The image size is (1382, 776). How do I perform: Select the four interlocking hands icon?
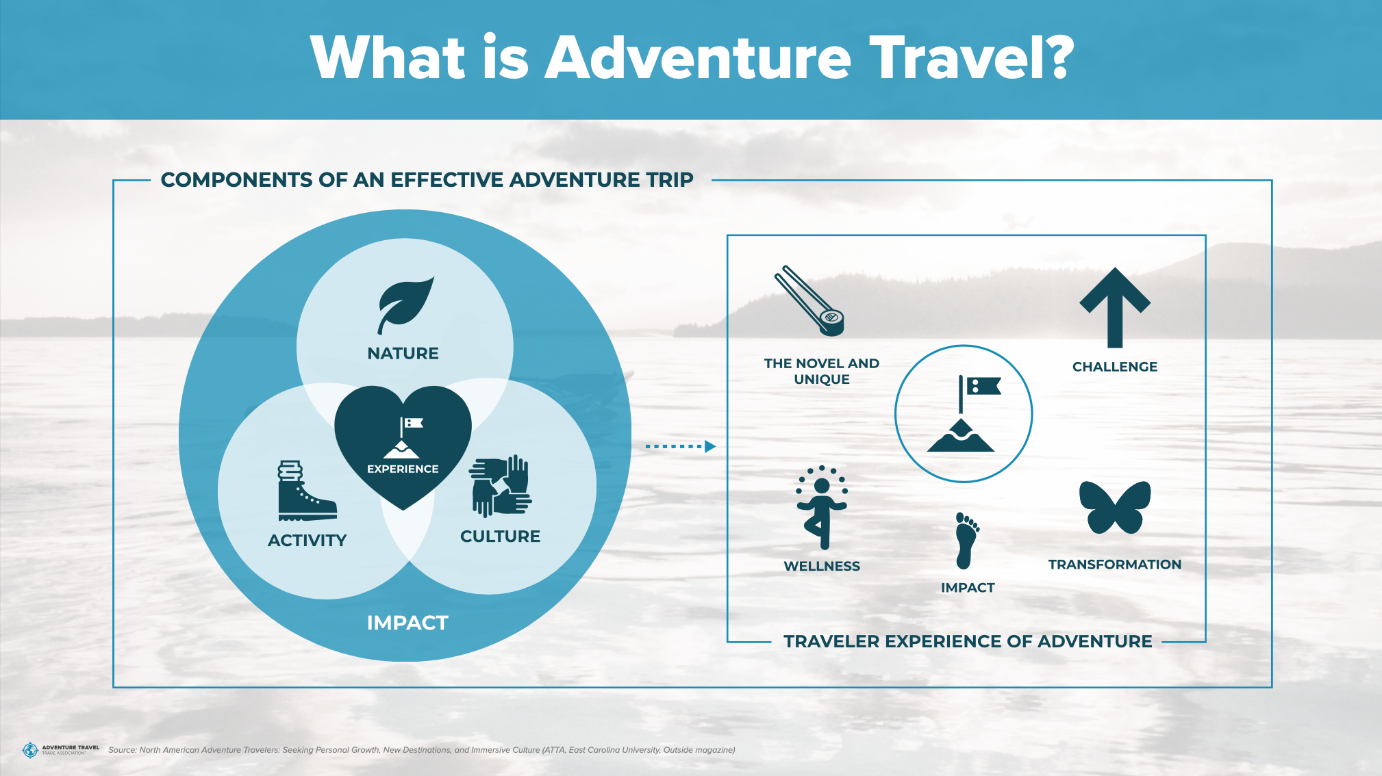point(501,486)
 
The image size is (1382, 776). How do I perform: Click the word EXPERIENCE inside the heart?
point(403,469)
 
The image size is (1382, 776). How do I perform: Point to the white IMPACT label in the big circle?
point(407,623)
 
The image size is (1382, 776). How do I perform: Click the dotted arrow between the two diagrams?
point(680,446)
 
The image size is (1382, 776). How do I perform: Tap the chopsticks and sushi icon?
point(809,301)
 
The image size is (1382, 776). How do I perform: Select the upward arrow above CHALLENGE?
point(1115,307)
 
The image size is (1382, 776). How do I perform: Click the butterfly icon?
point(1115,507)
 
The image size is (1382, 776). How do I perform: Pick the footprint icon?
point(967,541)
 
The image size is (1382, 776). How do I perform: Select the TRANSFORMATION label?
point(1115,565)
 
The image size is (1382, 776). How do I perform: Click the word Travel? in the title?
point(972,57)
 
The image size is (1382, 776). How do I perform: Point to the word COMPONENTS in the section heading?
point(237,180)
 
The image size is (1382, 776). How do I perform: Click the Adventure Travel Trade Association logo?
point(60,750)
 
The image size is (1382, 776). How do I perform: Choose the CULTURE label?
point(501,536)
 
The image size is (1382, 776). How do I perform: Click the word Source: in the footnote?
point(123,750)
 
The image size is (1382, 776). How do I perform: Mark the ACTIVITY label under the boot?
point(307,541)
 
